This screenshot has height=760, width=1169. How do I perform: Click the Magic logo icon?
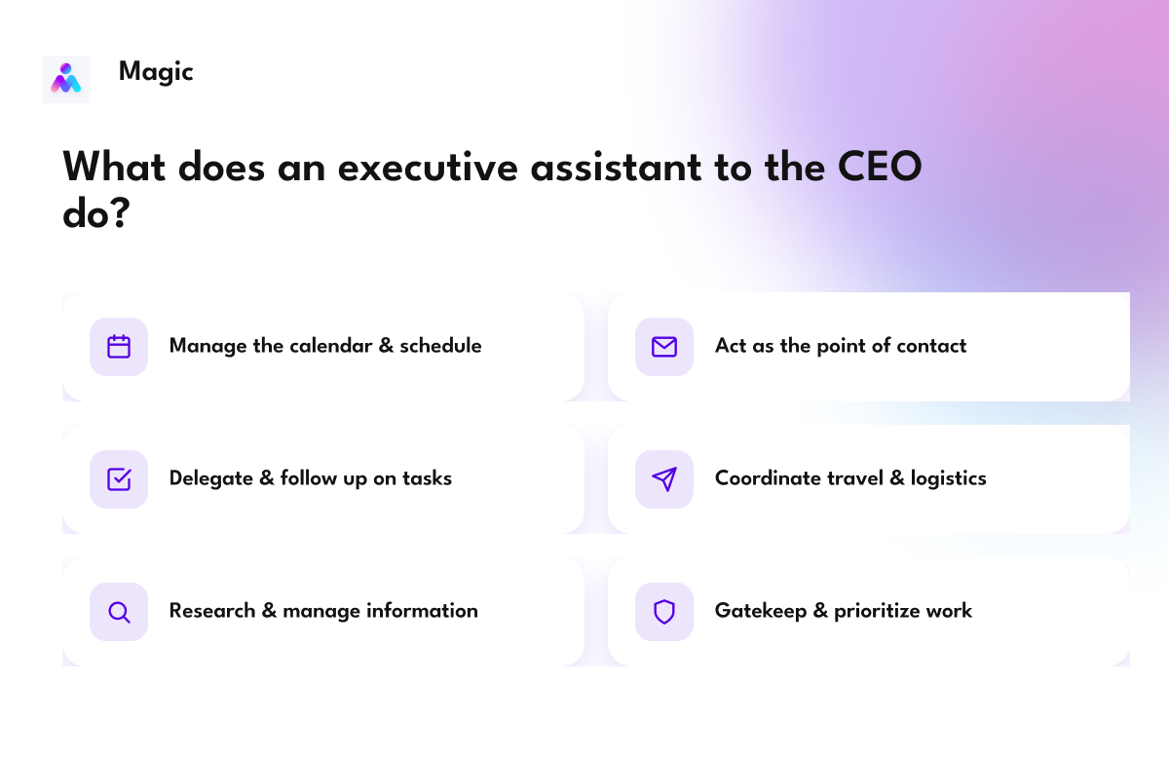(x=66, y=79)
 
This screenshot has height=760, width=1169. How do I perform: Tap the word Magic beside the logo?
(x=156, y=72)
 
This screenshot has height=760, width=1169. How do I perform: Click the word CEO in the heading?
(x=880, y=167)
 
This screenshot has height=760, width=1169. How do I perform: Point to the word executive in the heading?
(x=428, y=167)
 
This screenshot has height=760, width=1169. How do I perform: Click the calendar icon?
(x=119, y=347)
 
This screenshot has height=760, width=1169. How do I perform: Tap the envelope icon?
(x=664, y=347)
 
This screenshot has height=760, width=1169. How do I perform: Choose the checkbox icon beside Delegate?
(x=119, y=479)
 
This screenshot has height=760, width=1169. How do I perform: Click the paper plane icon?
(x=664, y=479)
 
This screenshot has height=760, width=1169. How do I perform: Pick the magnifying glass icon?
(x=119, y=612)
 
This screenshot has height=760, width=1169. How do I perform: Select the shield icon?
(x=664, y=612)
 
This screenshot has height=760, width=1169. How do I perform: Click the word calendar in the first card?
(x=330, y=346)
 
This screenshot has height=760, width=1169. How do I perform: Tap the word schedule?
(x=440, y=346)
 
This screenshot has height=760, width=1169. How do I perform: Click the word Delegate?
(x=210, y=479)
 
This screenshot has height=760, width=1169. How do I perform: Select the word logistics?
(x=948, y=479)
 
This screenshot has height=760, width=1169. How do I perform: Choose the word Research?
(x=212, y=611)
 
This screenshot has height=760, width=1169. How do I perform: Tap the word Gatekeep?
(x=761, y=612)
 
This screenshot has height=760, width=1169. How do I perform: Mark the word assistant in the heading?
(x=617, y=167)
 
